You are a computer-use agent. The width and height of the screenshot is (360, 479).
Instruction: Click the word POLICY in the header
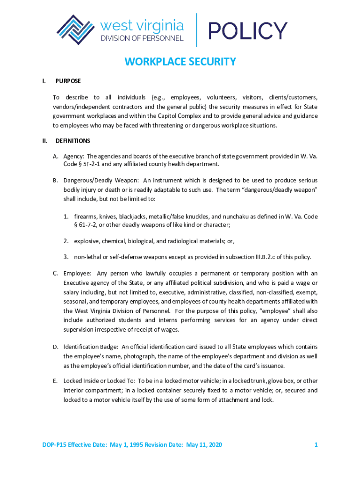[248, 30]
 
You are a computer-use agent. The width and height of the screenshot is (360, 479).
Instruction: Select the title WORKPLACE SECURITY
[180, 62]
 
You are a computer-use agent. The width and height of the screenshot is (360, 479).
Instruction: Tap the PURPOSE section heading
[68, 81]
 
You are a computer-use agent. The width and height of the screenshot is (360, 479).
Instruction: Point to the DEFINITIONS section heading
[73, 140]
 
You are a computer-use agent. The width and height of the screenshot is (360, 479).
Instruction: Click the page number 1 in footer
[316, 444]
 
